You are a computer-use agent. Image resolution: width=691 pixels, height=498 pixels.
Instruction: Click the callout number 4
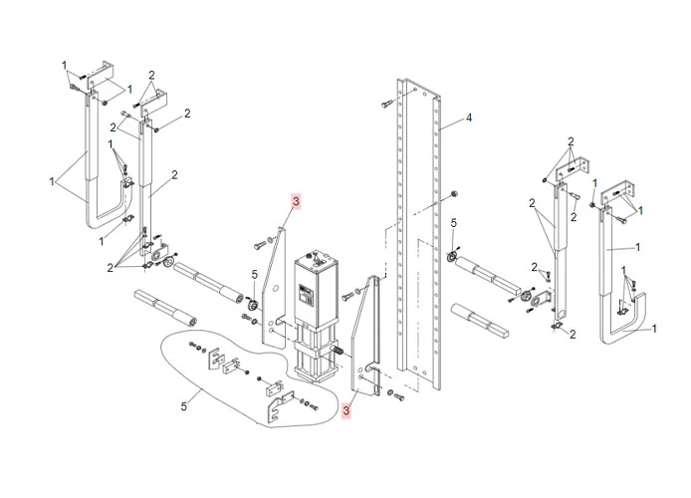click(x=469, y=118)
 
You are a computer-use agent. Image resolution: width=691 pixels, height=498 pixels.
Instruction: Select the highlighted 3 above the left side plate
click(x=296, y=201)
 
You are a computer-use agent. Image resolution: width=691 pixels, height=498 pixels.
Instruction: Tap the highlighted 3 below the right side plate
click(x=346, y=410)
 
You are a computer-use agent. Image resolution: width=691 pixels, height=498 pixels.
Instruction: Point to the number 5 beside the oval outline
click(x=184, y=406)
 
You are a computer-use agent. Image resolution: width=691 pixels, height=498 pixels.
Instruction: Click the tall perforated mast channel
click(x=418, y=234)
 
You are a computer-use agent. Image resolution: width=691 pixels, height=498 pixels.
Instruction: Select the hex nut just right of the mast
click(x=453, y=193)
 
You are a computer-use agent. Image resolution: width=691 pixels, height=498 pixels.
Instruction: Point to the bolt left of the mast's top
click(x=386, y=104)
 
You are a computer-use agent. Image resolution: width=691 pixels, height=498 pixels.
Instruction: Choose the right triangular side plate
click(x=364, y=335)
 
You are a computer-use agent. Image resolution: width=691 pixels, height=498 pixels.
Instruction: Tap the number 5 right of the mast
click(x=454, y=223)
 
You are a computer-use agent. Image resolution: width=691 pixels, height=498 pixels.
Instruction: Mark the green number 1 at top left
click(x=65, y=65)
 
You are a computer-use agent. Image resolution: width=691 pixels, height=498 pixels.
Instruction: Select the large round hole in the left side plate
click(x=276, y=289)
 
